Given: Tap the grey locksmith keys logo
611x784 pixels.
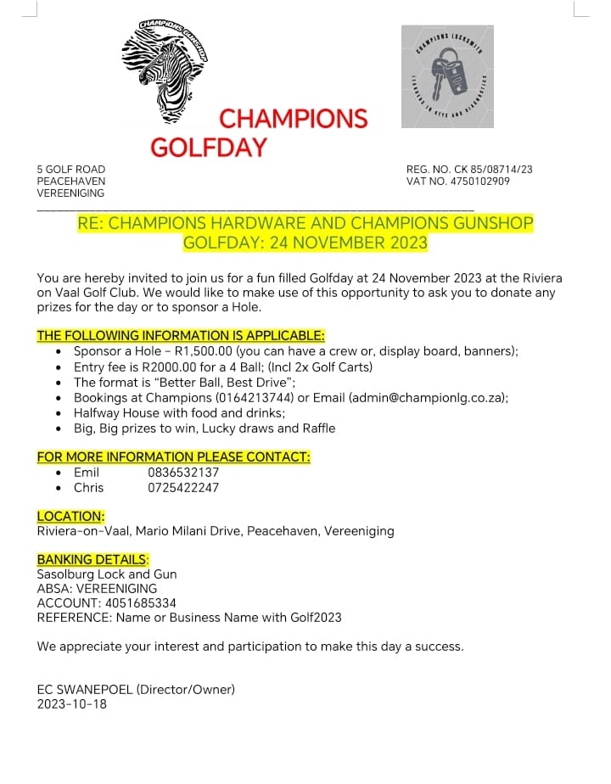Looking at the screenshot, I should pos(448,76).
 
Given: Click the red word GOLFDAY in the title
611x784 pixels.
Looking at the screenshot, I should pos(209,148).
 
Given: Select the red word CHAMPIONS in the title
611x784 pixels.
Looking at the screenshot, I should pos(294,118).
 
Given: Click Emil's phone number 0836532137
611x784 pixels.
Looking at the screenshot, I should pos(183,472).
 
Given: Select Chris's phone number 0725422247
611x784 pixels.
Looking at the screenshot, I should pos(183,487).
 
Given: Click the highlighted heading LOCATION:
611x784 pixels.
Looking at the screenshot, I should pos(70,516).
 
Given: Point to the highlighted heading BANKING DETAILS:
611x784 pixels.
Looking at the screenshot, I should pos(92,559).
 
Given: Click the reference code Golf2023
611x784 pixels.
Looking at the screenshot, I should pos(313,617).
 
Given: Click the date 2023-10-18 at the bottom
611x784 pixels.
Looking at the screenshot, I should pos(72,703).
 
